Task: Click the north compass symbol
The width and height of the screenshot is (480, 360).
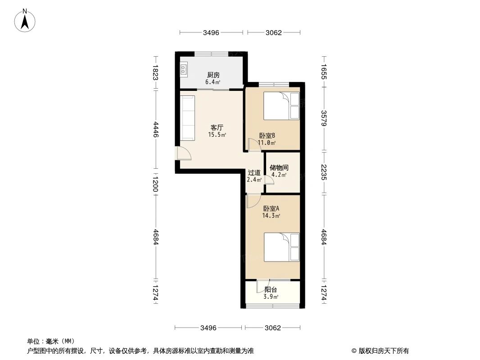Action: click(26, 20)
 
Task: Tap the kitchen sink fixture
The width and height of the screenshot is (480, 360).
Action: click(184, 70)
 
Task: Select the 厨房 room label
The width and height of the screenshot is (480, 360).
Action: click(213, 75)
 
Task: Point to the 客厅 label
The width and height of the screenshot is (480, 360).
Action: click(217, 128)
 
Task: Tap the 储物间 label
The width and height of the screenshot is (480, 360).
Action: click(279, 168)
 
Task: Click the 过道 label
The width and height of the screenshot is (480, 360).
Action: click(254, 172)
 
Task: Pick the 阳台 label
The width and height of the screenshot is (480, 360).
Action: click(271, 290)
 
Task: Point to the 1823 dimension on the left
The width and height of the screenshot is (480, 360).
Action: click(155, 73)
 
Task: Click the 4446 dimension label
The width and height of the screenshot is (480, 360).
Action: click(155, 129)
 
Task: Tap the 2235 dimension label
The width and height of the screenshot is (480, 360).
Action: click(324, 172)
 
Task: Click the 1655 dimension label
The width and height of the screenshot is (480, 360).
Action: click(324, 72)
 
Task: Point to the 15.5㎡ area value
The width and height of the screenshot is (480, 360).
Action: click(217, 135)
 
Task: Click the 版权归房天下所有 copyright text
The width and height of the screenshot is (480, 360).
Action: click(380, 351)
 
